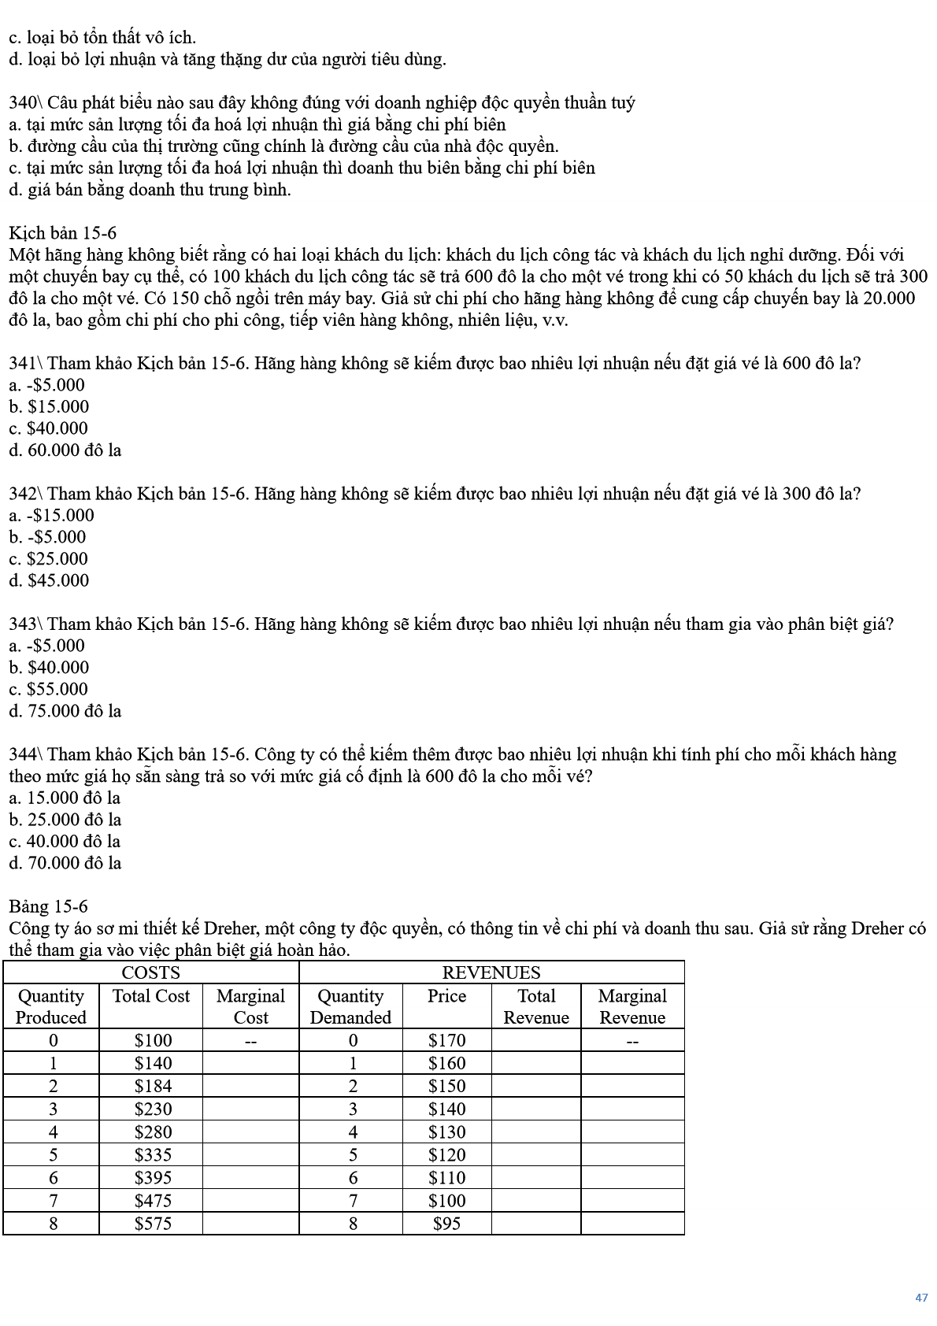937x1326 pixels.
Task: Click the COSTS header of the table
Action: [150, 972]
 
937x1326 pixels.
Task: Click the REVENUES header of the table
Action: [491, 972]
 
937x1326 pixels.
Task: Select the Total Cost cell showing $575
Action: [153, 1224]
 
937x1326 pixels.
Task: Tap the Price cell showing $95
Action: [446, 1224]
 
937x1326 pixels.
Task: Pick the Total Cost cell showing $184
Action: [153, 1086]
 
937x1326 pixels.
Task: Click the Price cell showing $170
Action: [446, 1040]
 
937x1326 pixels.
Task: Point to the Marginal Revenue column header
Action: [632, 1006]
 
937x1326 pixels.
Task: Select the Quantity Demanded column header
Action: [350, 1006]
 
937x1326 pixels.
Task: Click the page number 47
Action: [921, 1298]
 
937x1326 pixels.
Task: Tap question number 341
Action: [24, 363]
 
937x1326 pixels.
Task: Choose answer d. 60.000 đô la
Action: [65, 450]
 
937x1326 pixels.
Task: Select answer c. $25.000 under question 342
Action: [49, 559]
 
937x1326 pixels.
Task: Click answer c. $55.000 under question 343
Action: [49, 689]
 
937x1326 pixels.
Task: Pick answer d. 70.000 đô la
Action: [65, 863]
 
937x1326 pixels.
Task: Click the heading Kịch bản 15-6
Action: [62, 233]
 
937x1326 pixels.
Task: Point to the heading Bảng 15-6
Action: [48, 906]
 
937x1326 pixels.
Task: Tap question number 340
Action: [24, 103]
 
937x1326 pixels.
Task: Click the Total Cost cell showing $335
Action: [153, 1155]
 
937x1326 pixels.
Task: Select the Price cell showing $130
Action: [446, 1132]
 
